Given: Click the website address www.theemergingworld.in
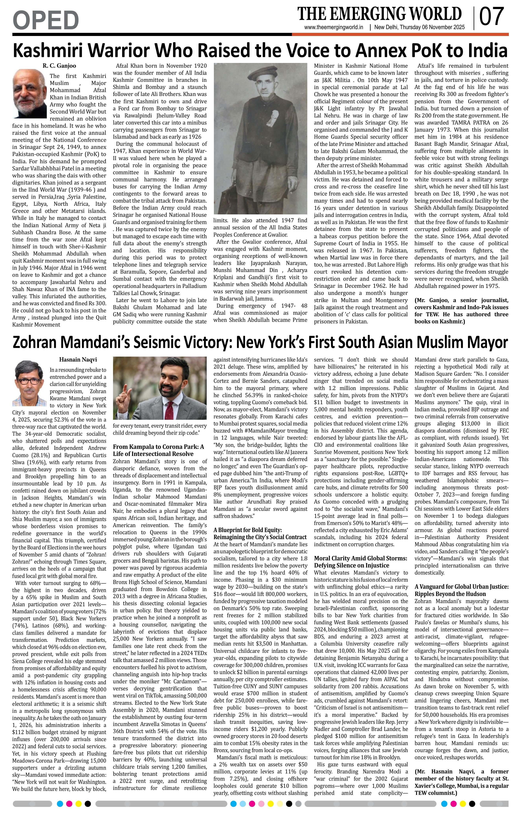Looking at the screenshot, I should coord(334,28).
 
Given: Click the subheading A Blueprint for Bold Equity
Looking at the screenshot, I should coord(252,530).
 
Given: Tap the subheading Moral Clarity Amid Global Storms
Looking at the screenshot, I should coord(361,558).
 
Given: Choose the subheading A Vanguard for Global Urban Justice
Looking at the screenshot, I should coord(461,587).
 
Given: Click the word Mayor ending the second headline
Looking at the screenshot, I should coord(488,342).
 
